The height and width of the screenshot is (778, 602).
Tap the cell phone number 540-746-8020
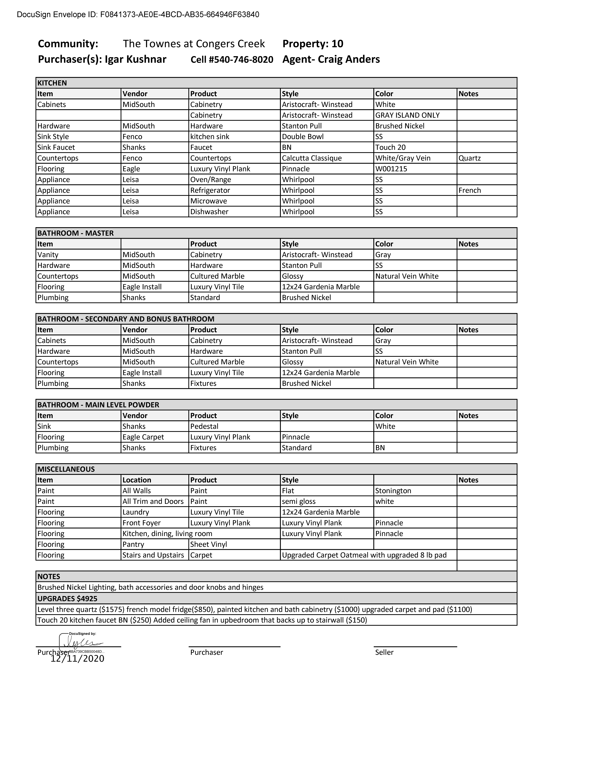232,60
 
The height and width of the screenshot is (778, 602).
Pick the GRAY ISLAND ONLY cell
407,115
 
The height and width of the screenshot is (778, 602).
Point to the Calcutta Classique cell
312,158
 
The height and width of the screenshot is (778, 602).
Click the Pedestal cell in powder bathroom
204,426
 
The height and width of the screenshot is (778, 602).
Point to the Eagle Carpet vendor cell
143,437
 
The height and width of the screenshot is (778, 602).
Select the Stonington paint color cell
393,491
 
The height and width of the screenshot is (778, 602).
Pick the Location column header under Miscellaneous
137,480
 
